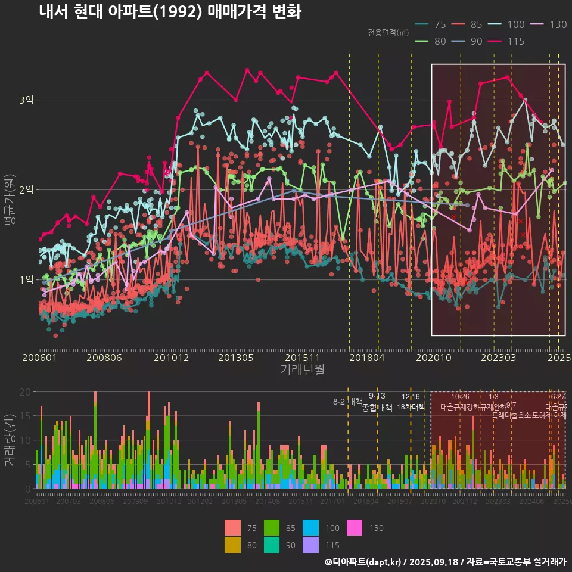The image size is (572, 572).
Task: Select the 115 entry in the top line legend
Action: [516, 41]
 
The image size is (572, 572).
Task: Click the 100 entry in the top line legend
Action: [516, 24]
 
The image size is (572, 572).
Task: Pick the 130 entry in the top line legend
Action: [558, 24]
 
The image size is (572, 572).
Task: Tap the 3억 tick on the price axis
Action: [26, 100]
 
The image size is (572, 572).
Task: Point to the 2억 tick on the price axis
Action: [26, 190]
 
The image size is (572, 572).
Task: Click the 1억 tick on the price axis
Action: [26, 279]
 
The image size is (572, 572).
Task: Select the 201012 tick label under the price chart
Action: [171, 358]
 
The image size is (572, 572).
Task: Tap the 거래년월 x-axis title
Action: [302, 370]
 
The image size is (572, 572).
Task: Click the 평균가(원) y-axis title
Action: [10, 201]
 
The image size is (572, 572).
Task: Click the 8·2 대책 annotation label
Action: [347, 401]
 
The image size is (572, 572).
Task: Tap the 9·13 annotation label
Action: [377, 396]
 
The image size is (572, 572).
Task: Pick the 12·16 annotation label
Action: [411, 397]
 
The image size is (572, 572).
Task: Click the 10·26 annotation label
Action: [460, 397]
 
